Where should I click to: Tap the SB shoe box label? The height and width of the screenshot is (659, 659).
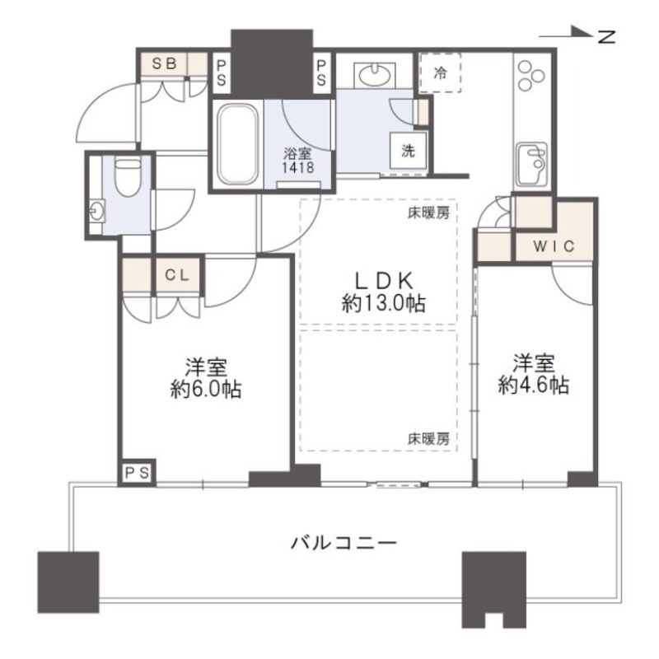(162, 63)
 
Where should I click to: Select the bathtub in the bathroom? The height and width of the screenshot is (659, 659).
(237, 145)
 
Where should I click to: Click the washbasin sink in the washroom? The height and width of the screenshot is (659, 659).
(376, 76)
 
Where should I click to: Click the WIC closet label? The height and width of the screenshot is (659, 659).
(554, 246)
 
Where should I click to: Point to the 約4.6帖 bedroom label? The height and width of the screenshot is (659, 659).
(533, 374)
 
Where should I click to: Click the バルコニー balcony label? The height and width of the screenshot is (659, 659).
(344, 544)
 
